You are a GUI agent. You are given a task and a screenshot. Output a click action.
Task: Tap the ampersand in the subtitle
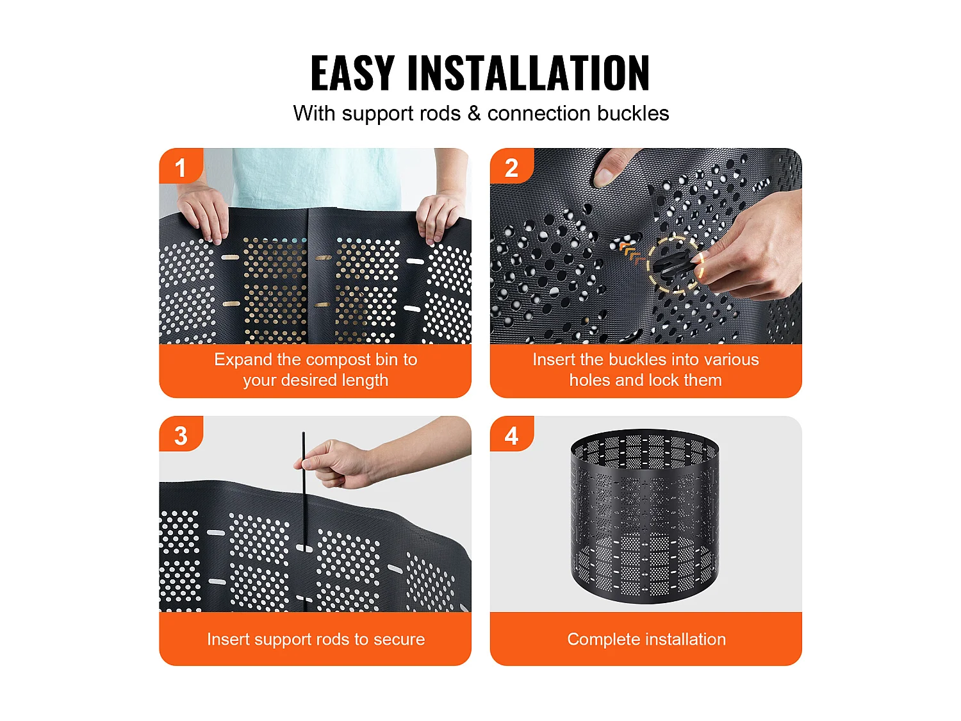tap(473, 113)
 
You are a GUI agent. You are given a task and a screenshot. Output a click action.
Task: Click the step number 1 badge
tap(181, 167)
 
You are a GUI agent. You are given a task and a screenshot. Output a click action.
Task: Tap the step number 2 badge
tap(511, 167)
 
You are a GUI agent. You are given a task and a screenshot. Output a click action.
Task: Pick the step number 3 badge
tap(181, 435)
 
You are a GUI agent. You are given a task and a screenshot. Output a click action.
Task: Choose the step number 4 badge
tap(511, 435)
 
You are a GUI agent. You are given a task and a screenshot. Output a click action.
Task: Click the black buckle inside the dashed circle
tap(672, 265)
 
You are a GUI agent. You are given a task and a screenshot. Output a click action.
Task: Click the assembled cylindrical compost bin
tap(645, 516)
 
